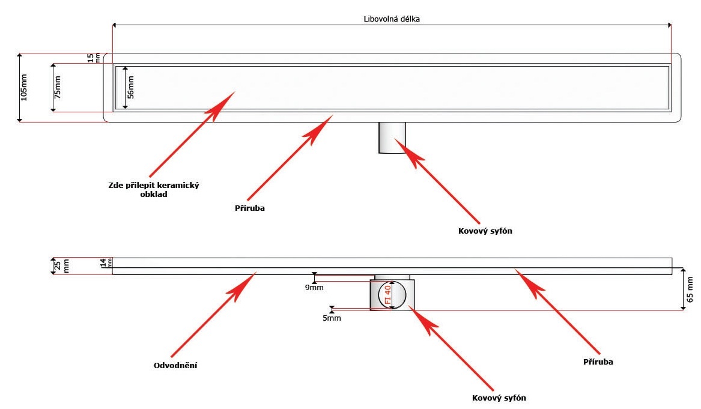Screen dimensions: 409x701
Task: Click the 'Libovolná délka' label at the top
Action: click(392, 19)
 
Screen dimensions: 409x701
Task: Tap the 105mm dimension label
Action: click(24, 88)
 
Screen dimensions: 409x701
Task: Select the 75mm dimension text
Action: click(58, 88)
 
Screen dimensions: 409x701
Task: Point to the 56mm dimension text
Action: click(132, 88)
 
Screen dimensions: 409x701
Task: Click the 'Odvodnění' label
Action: click(176, 365)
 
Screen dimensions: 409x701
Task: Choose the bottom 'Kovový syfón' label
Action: click(500, 398)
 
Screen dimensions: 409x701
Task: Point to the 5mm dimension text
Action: click(332, 318)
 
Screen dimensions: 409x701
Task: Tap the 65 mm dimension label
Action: click(690, 289)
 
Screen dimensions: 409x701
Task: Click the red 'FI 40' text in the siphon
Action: click(387, 295)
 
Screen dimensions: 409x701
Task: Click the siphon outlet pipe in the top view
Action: click(392, 138)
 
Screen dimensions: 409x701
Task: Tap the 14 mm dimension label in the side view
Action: click(106, 262)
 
